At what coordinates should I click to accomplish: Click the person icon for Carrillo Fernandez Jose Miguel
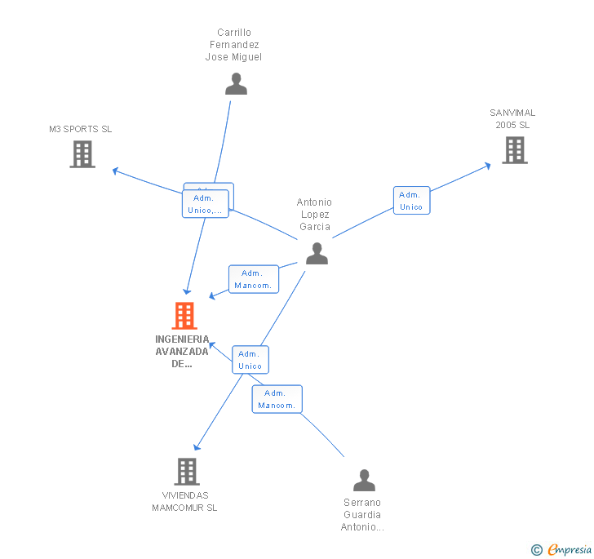pos(236,84)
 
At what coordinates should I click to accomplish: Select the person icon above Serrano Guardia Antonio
pos(364,480)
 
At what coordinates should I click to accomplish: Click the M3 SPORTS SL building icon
pos(82,153)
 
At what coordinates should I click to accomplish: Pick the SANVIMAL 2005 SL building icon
pos(514,149)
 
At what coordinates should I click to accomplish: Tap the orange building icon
pos(184,315)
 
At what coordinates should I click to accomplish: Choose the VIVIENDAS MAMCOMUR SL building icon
pos(187,471)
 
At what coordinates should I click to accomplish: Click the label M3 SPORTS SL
pos(80,129)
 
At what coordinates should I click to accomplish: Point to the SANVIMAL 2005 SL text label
pos(512,119)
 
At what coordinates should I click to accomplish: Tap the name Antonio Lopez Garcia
pos(314,215)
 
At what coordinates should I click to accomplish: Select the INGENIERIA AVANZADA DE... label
pos(182,352)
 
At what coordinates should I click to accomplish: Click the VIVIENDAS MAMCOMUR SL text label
pos(184,501)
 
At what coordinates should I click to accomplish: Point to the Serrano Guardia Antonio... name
pos(362,515)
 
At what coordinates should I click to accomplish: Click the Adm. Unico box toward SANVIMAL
pos(411,201)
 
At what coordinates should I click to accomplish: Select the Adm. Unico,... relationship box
pos(205,204)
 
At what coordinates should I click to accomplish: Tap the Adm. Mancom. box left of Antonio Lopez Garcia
pos(254,279)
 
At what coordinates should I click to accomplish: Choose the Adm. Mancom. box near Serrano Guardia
pos(277,399)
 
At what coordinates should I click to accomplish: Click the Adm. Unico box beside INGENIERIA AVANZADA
pos(250,360)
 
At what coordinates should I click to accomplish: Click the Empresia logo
pos(562,550)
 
